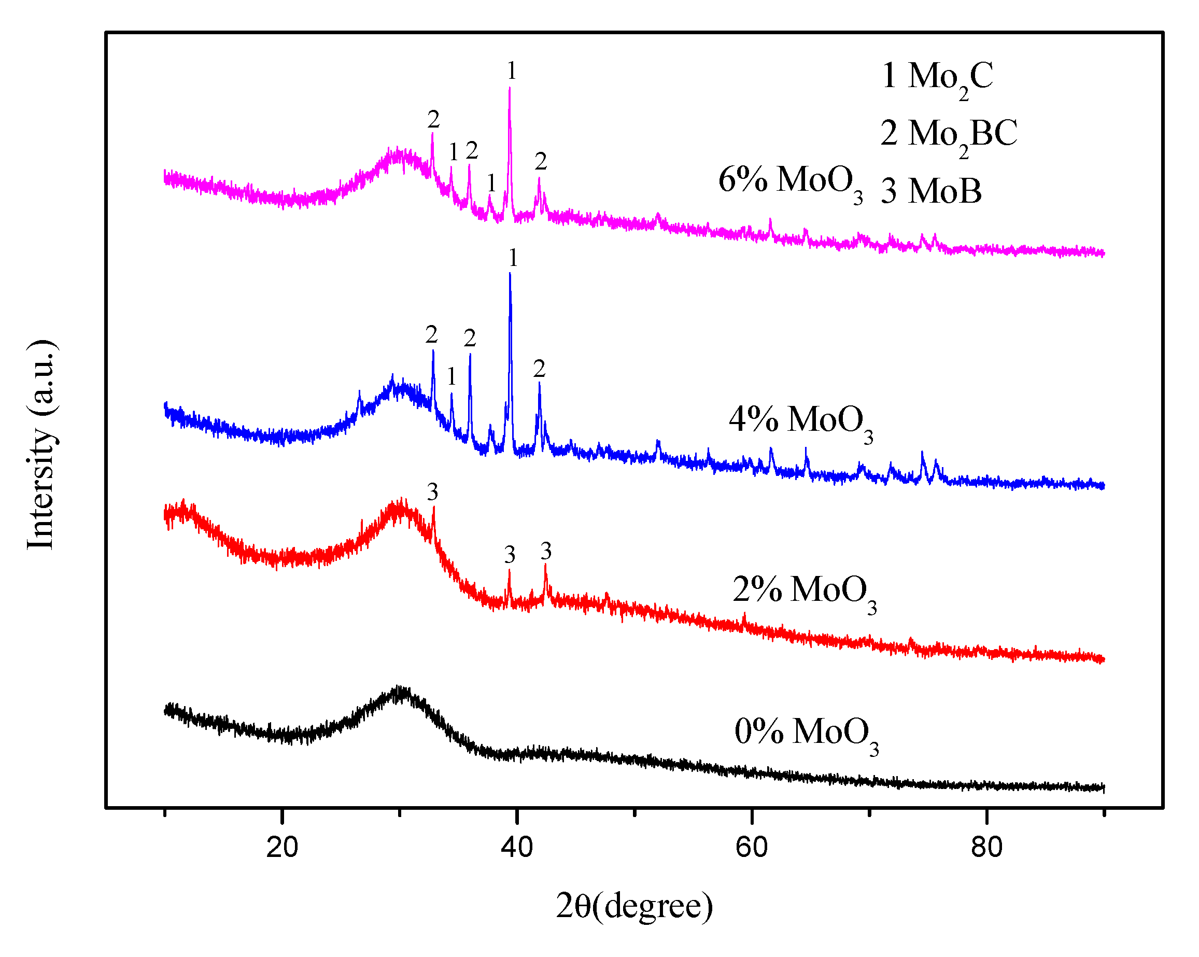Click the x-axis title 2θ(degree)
634,906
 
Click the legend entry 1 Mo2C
937,78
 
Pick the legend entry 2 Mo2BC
948,135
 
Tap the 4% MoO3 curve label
800,421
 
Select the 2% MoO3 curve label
804,592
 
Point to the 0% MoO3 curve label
806,734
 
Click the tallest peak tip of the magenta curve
510,89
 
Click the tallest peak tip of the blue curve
510,274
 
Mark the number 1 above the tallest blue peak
513,258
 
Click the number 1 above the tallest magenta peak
512,71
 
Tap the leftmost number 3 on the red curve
433,492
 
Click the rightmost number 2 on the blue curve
539,369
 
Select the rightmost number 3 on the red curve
545,551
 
